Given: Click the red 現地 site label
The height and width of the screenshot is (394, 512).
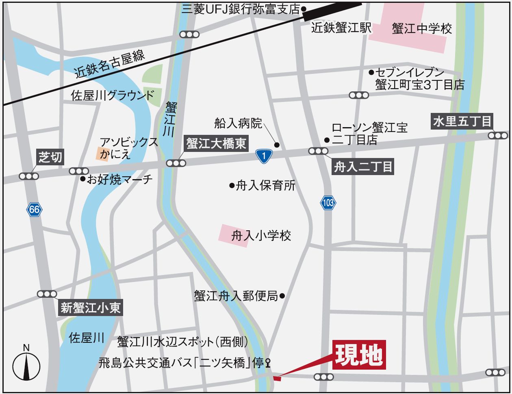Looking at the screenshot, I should coord(359,355).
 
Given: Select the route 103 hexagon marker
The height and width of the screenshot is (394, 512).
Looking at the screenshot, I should coord(328,202).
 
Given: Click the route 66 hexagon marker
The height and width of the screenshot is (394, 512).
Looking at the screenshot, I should coord(35,210).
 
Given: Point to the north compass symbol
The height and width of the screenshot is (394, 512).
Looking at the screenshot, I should coord(26,364).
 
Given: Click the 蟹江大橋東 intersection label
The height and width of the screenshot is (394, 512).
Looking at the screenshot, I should coord(217,143).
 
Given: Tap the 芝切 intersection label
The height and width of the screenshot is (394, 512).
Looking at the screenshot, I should coord(51,157).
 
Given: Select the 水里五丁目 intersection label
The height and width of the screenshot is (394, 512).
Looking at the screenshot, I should coord(462,121).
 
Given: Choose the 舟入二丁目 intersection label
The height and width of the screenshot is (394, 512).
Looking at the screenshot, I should coord(363,167).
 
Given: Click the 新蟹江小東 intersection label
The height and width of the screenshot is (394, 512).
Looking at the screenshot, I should coord(91,307).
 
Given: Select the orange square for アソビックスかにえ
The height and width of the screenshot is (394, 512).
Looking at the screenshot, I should coord(102,154).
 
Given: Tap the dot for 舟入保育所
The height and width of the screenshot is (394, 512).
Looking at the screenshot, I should coord(232,186).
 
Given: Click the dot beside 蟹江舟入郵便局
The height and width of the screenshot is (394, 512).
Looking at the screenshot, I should coord(282,296).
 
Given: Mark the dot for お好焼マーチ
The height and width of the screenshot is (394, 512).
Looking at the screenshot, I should coord(83,179).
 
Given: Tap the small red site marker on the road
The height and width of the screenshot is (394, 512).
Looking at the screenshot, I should coord(277,379).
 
